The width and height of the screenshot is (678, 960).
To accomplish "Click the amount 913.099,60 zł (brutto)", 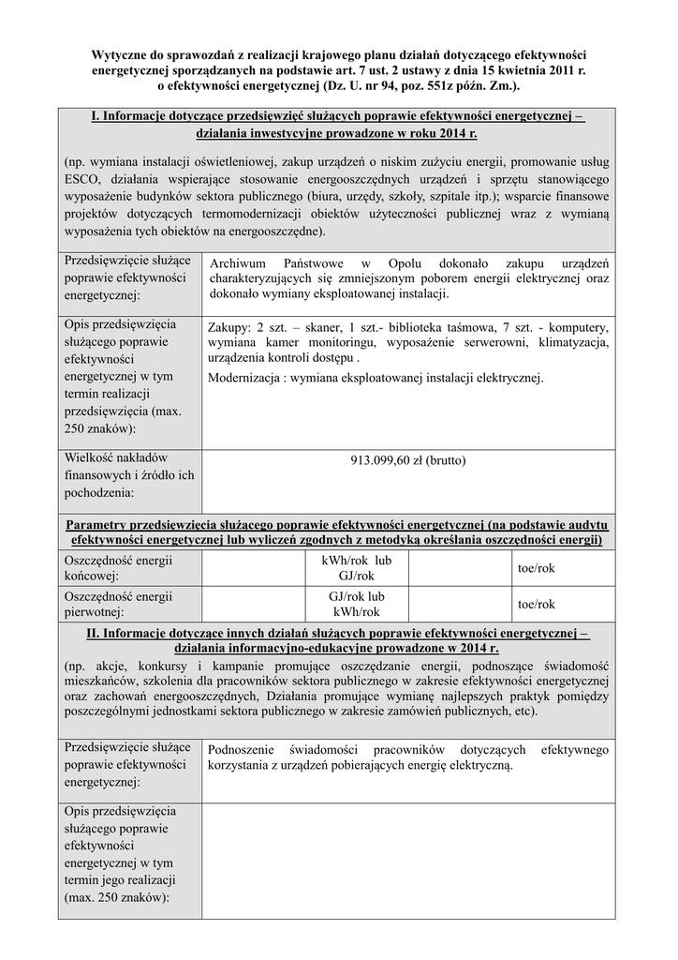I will click(407, 460).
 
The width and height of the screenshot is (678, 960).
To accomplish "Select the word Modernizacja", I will click(248, 378).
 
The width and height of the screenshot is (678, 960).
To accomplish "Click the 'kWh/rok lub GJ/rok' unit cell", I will click(357, 568).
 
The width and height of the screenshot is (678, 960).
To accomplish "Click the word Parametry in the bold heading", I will click(100, 524).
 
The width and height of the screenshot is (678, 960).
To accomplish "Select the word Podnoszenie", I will click(247, 750).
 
